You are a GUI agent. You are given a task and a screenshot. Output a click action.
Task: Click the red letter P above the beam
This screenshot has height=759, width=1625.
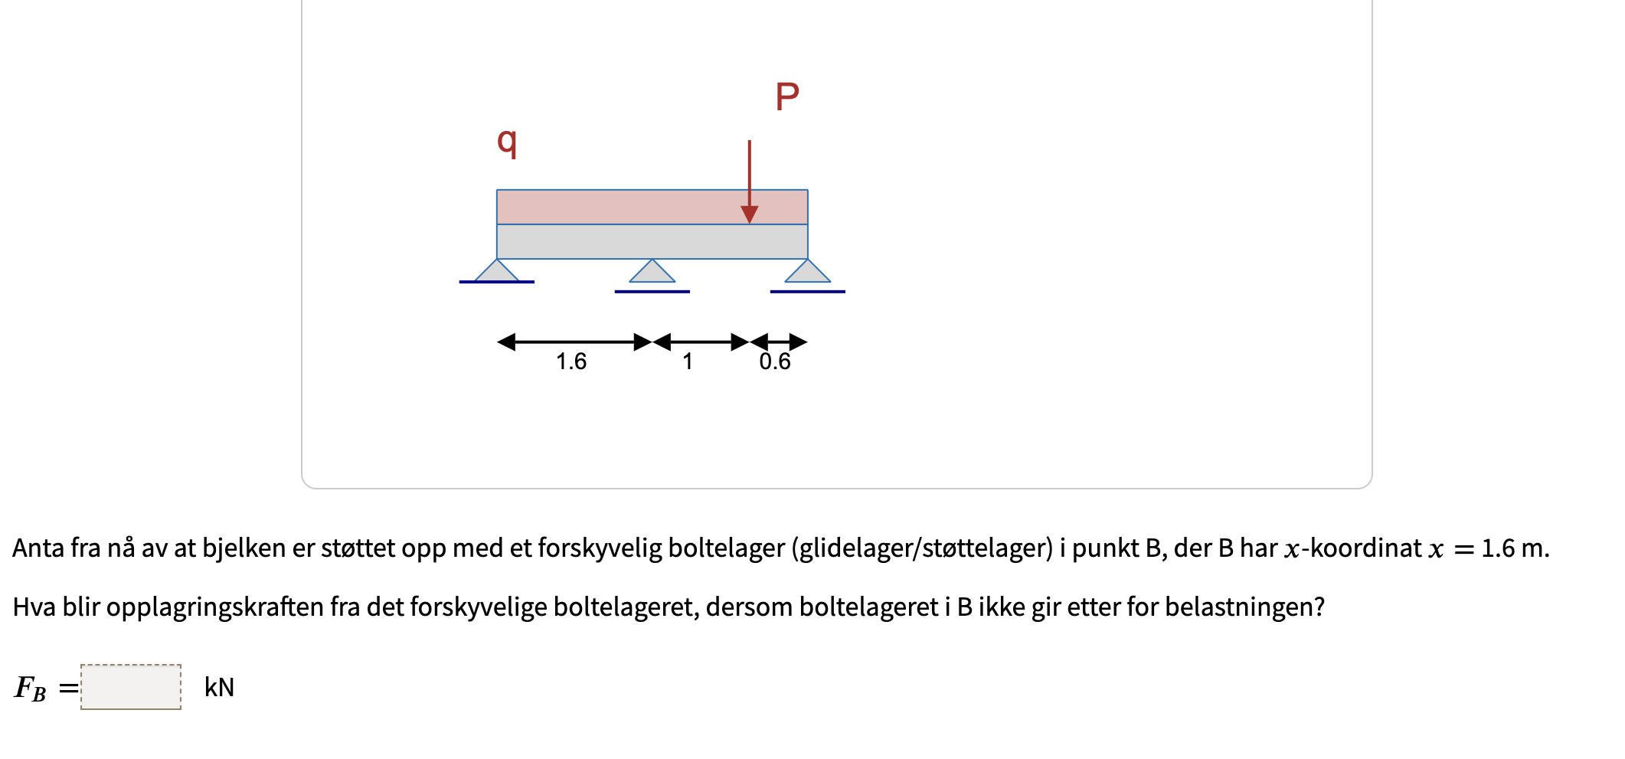pos(787,97)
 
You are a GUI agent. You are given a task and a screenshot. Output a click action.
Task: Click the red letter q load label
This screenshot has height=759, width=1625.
pos(507,141)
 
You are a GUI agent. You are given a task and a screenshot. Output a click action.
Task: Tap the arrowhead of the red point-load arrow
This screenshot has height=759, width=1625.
pos(750,214)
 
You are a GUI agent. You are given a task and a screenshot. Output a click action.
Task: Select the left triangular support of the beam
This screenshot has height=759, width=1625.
pos(497,272)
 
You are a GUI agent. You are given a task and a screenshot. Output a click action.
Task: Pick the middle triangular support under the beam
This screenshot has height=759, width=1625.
pos(652,273)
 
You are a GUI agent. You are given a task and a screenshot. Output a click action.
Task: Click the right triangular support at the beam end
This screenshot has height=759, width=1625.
pos(808,273)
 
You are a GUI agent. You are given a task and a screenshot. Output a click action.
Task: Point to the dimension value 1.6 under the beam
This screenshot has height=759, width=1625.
pos(571,362)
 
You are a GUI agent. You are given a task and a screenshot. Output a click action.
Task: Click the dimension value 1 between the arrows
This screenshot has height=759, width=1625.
pos(688,362)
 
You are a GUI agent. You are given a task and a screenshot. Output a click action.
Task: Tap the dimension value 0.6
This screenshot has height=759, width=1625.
pos(775,362)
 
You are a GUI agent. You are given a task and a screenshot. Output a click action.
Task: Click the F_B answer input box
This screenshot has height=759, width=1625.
pos(131,687)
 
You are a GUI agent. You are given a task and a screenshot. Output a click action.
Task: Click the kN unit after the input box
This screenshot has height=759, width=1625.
pos(219,688)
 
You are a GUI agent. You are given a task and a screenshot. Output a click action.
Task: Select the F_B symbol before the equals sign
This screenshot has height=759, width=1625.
pos(30,688)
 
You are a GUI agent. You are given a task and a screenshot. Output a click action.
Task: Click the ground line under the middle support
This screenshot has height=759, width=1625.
pos(652,292)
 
